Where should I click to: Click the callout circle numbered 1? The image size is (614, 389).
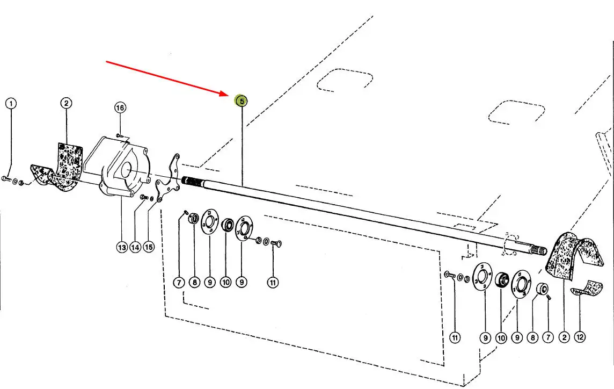[x=11, y=103]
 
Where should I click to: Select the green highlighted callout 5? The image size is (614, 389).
[x=242, y=100]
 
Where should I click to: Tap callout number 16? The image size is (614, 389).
[x=120, y=108]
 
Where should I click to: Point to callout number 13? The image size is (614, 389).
[x=121, y=248]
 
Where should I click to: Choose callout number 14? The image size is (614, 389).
[x=135, y=248]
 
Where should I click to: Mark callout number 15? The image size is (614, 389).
[x=149, y=248]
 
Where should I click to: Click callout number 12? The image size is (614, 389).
[x=580, y=337]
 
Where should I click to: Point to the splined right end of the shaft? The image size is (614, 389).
[x=536, y=248]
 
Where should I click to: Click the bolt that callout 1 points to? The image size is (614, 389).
[x=6, y=178]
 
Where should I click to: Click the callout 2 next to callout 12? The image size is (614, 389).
[x=564, y=337]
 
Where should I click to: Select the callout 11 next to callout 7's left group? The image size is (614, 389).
[x=274, y=282]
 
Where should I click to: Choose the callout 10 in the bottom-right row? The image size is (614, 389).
[x=501, y=338]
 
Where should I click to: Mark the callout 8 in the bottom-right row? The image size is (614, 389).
[x=532, y=338]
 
